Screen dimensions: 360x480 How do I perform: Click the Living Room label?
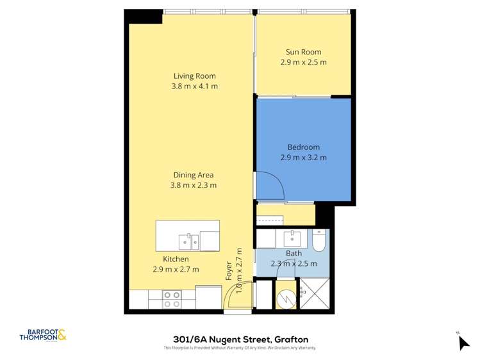[x=194, y=76]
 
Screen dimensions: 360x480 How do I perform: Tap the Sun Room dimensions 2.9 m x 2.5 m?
[x=303, y=63]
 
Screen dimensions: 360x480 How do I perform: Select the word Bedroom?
[x=303, y=147]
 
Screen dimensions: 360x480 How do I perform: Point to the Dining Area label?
[x=194, y=175]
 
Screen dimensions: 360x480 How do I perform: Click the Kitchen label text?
[x=176, y=259]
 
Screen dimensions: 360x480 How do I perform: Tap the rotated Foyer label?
[x=229, y=271]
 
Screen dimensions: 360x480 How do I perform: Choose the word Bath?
[x=294, y=254]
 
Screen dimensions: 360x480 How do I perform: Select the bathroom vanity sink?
[x=294, y=238]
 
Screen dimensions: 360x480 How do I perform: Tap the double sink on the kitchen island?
[x=189, y=241]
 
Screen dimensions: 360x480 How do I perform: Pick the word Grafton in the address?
[x=291, y=340]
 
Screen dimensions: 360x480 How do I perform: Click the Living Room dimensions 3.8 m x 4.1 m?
[x=194, y=86]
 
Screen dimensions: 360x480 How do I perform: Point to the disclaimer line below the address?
[x=240, y=348]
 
